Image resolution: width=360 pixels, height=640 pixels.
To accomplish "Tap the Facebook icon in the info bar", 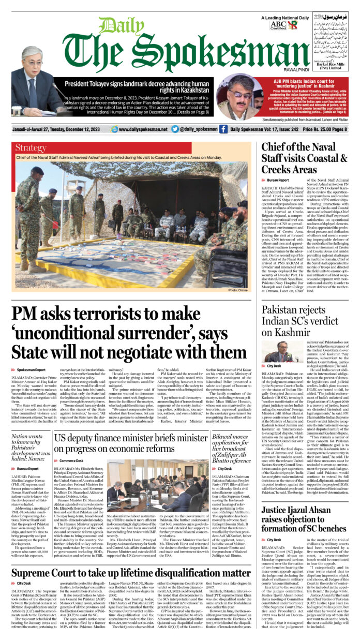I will [223, 129].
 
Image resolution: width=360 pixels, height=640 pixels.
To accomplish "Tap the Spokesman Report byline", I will [31, 370].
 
